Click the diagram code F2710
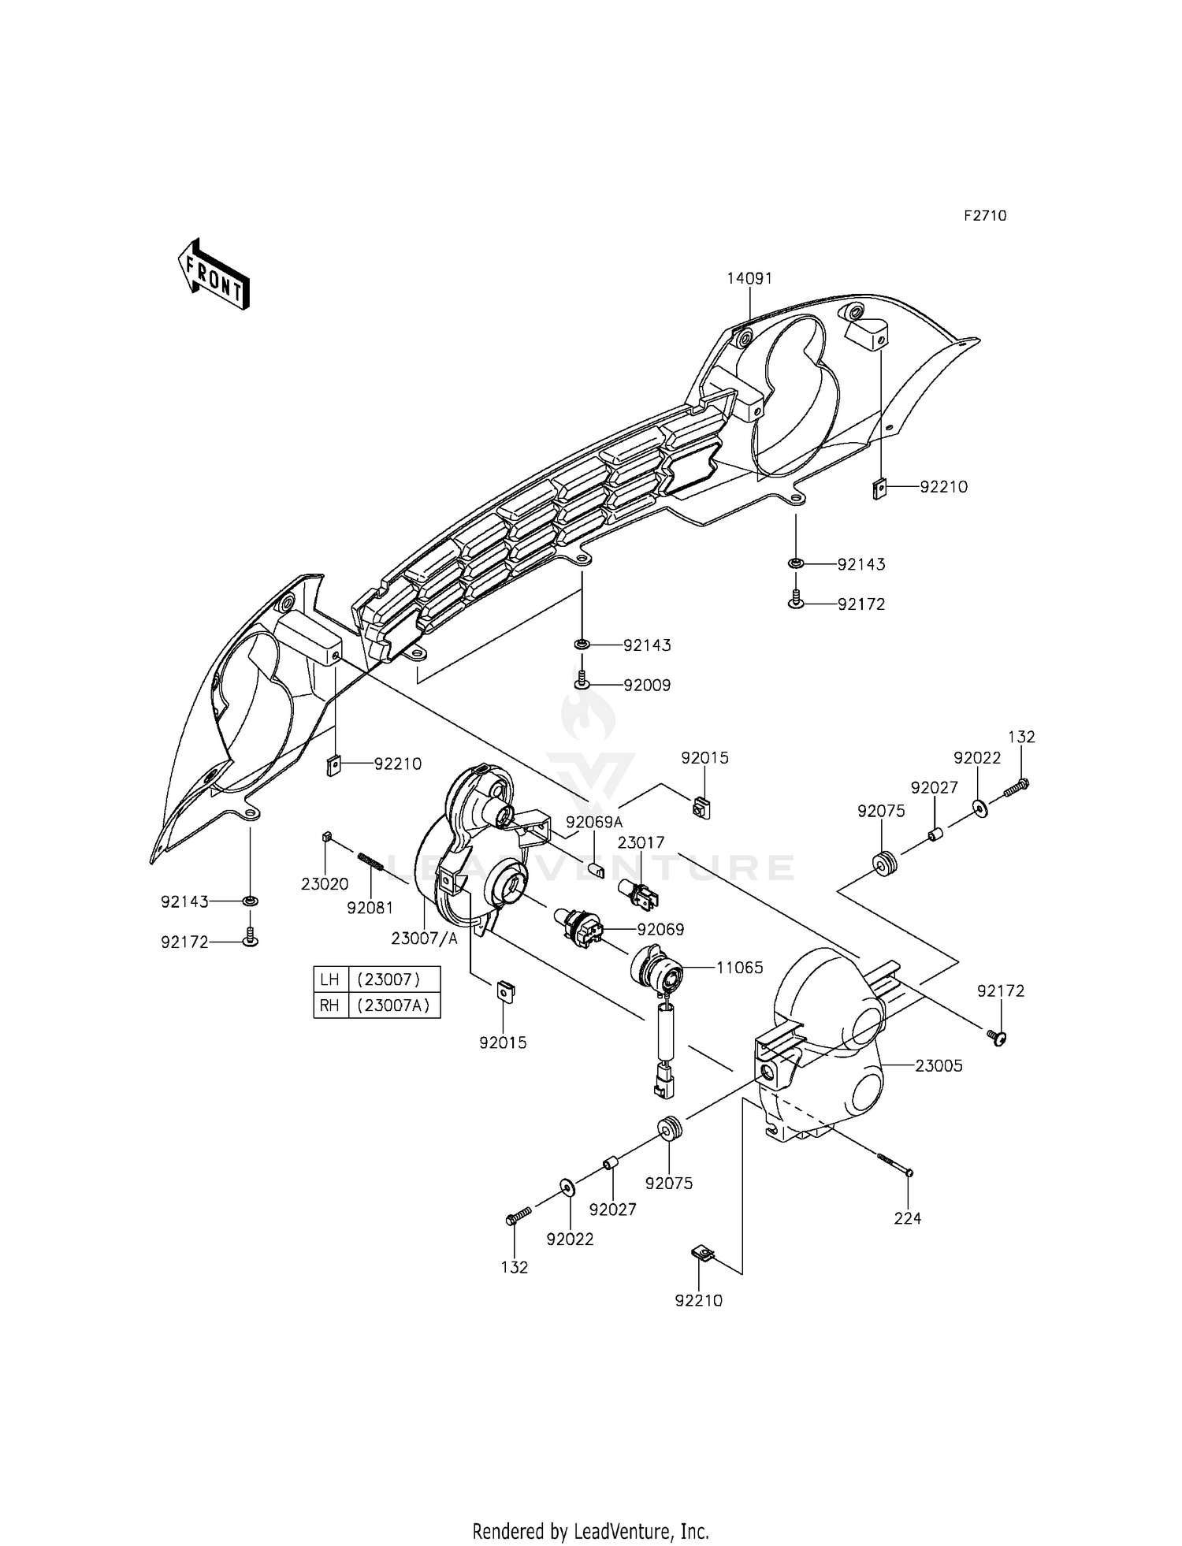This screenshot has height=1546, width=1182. click(x=985, y=216)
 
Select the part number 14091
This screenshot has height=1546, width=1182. click(x=749, y=278)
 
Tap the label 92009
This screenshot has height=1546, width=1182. click(x=647, y=686)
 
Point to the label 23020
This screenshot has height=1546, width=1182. click(x=325, y=884)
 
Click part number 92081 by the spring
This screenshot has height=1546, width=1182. click(x=370, y=907)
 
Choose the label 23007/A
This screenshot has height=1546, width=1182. click(x=425, y=938)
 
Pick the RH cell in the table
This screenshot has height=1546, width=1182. click(x=330, y=1005)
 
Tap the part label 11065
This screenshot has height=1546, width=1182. click(x=739, y=968)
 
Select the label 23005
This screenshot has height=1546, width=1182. click(x=939, y=1065)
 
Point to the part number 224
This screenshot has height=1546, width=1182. click(x=907, y=1217)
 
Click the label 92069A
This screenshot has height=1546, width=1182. click(x=594, y=823)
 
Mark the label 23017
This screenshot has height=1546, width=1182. click(x=641, y=842)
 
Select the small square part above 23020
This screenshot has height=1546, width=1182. click(x=325, y=836)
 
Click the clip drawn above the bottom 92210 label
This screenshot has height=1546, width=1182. click(x=701, y=1252)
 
